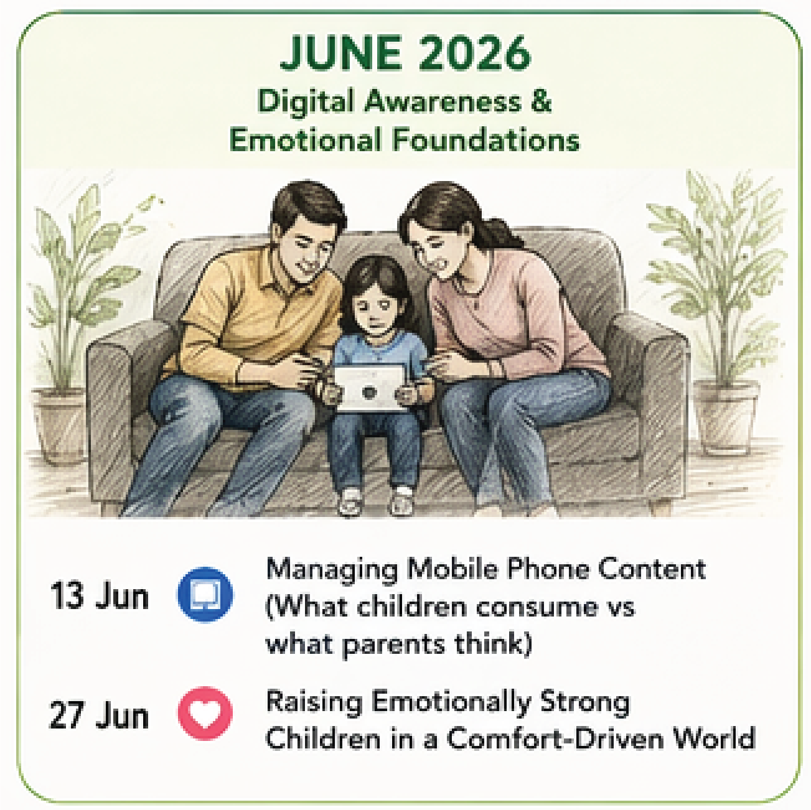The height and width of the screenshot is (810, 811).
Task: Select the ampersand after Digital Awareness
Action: pyautogui.click(x=540, y=101)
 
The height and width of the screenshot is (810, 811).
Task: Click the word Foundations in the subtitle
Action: pyautogui.click(x=486, y=140)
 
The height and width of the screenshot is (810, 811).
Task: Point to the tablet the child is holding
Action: pyautogui.click(x=370, y=388)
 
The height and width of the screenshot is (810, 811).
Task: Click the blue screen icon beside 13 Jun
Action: pyautogui.click(x=205, y=594)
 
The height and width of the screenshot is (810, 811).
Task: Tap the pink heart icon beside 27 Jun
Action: pyautogui.click(x=205, y=713)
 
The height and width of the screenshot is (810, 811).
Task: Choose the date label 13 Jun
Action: pyautogui.click(x=100, y=596)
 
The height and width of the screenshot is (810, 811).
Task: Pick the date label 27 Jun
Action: pyautogui.click(x=99, y=715)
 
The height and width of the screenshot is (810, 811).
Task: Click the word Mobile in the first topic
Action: pyautogui.click(x=451, y=569)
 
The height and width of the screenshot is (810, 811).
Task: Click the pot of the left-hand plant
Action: pyautogui.click(x=60, y=424)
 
